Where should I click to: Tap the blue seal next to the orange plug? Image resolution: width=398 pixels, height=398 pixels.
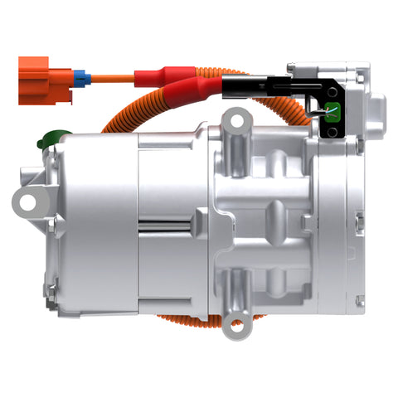pos(82,80)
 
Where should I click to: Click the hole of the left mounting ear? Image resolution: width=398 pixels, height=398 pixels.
pos(30,199)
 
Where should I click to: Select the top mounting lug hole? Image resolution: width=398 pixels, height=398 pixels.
pos(237,123)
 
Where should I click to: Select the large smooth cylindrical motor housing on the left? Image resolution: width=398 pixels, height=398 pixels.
pos(95,224)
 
